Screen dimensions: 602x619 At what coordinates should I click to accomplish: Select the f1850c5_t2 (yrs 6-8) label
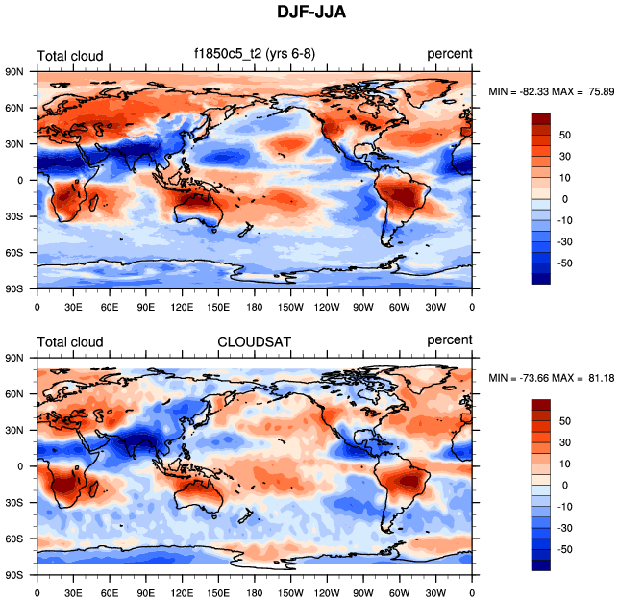(x=255, y=54)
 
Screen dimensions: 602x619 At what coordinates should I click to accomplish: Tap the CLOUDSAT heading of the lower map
(x=254, y=340)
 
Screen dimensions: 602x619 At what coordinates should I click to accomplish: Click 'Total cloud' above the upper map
(x=70, y=56)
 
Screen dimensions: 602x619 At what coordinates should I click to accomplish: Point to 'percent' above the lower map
(x=449, y=340)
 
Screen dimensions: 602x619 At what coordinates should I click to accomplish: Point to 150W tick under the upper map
(x=291, y=307)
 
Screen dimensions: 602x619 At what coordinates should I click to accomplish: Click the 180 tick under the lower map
(x=255, y=593)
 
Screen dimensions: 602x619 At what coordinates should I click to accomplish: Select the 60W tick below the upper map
(x=400, y=307)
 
